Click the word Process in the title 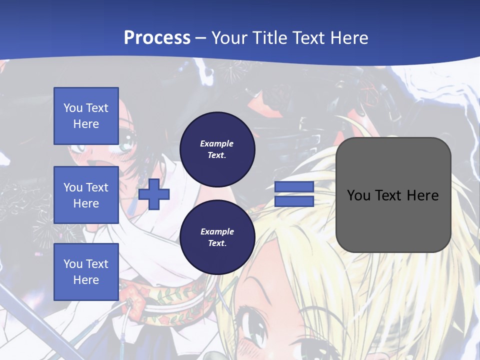pyautogui.click(x=157, y=38)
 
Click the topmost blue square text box pyautogui.click(x=86, y=116)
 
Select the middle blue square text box pyautogui.click(x=86, y=195)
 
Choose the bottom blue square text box pyautogui.click(x=86, y=272)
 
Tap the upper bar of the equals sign pyautogui.click(x=294, y=187)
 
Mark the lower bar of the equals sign pyautogui.click(x=294, y=201)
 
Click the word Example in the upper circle pyautogui.click(x=217, y=143)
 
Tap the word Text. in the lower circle pyautogui.click(x=217, y=243)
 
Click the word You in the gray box pyautogui.click(x=358, y=195)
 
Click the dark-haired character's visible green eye pyautogui.click(x=127, y=145)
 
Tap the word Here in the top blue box pyautogui.click(x=86, y=124)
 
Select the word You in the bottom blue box pyautogui.click(x=73, y=264)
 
